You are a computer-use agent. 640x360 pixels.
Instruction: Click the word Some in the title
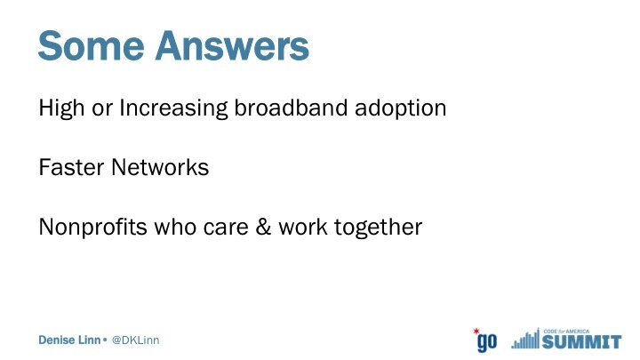click(91, 45)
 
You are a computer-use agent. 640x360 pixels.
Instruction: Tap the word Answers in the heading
click(232, 45)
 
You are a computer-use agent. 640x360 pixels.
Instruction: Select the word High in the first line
click(61, 108)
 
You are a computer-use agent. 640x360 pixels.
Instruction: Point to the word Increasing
click(173, 108)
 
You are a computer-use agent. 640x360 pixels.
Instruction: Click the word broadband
click(291, 108)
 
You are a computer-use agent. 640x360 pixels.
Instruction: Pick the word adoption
click(400, 108)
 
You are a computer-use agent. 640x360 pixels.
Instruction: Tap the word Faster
click(71, 167)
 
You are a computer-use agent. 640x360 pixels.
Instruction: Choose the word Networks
click(160, 167)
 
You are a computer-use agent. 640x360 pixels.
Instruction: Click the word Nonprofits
click(92, 228)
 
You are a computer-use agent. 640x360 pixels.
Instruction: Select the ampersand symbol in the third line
click(263, 228)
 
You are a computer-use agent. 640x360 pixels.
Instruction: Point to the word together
click(378, 228)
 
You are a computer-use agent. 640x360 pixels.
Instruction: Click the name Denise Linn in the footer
click(69, 340)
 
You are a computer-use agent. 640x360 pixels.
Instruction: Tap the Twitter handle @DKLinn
click(135, 340)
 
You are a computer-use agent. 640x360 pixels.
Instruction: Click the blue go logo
click(487, 342)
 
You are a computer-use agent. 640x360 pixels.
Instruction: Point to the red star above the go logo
click(476, 331)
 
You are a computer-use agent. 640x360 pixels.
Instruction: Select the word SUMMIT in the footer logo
click(581, 341)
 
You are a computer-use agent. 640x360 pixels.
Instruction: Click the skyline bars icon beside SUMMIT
click(525, 339)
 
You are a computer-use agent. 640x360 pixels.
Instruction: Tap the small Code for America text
click(566, 332)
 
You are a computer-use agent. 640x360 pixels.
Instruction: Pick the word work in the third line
click(303, 228)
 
